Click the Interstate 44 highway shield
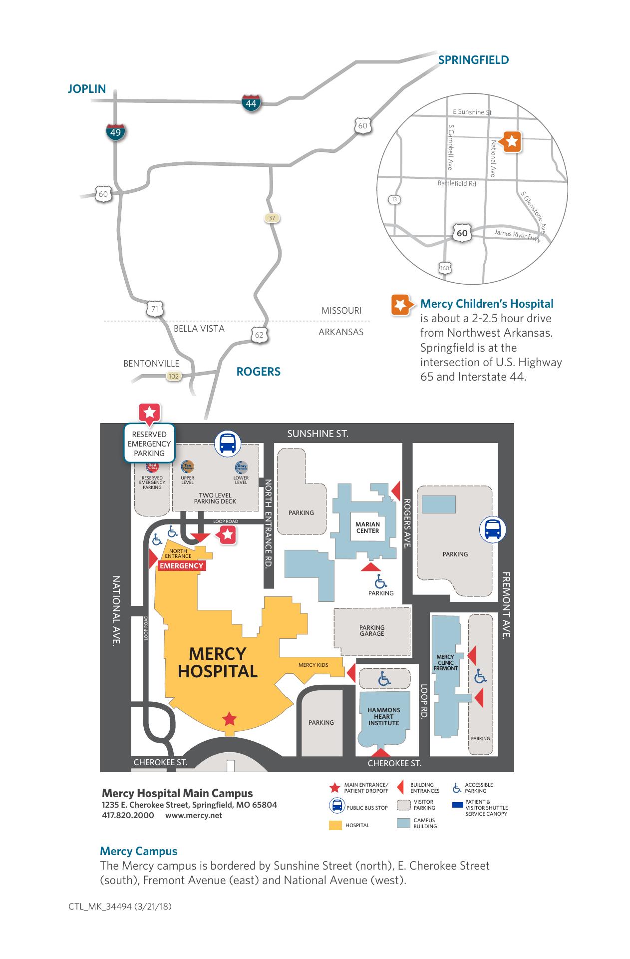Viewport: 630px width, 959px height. (251, 103)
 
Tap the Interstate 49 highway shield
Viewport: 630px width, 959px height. (115, 132)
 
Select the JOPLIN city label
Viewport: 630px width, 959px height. (87, 89)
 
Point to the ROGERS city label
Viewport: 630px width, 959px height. (258, 372)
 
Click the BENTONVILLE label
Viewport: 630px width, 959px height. (151, 364)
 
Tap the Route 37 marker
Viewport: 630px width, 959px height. (272, 218)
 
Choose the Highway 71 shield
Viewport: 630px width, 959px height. (155, 309)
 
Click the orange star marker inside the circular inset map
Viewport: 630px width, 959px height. (512, 142)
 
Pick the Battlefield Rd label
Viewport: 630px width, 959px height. (457, 183)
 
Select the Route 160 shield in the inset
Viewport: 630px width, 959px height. (445, 268)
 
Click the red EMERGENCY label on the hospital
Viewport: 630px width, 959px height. (181, 566)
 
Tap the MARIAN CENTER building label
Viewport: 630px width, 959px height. (367, 527)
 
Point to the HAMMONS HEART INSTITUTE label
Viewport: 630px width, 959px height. (383, 716)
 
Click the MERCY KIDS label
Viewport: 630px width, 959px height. (313, 665)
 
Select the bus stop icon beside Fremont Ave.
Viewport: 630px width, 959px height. (493, 529)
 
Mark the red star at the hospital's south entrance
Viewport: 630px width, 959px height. (229, 719)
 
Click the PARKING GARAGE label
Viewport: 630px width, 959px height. (372, 630)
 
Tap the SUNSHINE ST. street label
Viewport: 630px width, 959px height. (317, 434)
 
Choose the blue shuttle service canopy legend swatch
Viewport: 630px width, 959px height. (457, 805)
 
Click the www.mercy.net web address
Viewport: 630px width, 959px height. (194, 816)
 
